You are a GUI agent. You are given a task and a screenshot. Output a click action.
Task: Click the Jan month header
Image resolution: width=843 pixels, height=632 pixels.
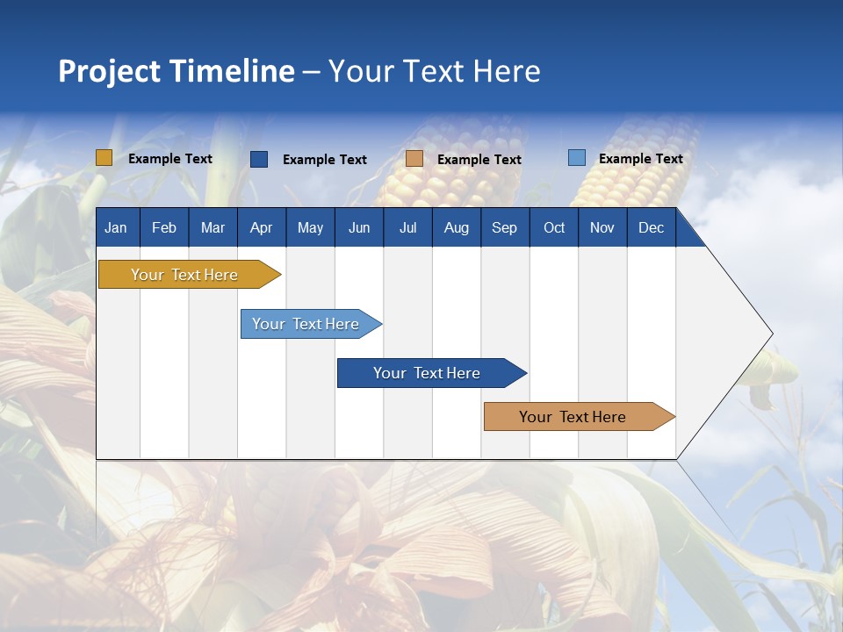click(x=116, y=227)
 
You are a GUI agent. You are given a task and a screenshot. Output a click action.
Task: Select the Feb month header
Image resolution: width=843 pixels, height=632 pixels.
click(x=164, y=227)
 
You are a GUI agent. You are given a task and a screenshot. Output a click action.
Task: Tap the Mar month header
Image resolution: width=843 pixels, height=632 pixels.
click(x=213, y=227)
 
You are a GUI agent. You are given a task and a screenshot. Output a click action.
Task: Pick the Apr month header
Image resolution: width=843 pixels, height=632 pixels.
click(x=262, y=227)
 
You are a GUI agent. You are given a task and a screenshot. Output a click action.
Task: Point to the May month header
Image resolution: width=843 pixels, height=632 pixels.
click(x=310, y=227)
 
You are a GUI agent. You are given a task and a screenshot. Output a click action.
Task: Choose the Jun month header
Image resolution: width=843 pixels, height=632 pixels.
click(x=359, y=227)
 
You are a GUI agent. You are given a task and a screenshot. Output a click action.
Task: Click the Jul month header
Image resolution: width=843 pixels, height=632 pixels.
click(x=407, y=227)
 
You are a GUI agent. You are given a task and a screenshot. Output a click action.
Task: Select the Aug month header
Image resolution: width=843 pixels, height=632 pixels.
click(x=457, y=227)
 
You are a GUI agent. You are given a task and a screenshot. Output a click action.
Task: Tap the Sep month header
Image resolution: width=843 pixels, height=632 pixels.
click(x=505, y=227)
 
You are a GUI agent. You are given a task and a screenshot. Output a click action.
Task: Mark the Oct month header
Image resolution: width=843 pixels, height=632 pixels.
click(x=554, y=227)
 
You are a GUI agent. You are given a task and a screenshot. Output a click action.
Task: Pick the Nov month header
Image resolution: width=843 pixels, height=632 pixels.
click(x=602, y=227)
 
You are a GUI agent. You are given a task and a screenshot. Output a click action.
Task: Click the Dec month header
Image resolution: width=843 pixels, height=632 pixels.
click(x=652, y=227)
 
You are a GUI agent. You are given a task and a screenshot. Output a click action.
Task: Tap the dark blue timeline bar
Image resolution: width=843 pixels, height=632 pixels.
click(x=428, y=373)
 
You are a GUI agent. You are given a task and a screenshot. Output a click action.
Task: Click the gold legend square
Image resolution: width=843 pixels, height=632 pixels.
click(x=104, y=158)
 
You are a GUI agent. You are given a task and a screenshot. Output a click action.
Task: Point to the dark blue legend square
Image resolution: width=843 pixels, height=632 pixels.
click(x=259, y=159)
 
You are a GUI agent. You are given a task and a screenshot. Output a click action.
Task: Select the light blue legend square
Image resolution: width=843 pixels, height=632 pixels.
click(x=576, y=158)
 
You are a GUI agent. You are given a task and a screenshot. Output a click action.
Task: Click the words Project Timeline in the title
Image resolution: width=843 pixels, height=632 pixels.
click(x=177, y=71)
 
